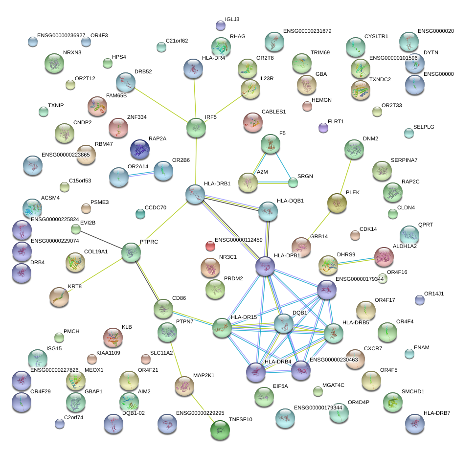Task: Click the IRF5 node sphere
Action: click(196, 128)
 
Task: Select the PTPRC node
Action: click(131, 253)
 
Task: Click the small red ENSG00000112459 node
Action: click(210, 246)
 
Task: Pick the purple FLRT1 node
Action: click(323, 128)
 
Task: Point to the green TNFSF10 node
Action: click(220, 430)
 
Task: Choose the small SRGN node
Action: click(293, 182)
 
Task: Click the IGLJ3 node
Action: click(221, 25)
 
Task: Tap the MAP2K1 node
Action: click(184, 386)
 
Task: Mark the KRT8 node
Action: click(59, 297)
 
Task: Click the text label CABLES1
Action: click(273, 112)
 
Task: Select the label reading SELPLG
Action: click(424, 127)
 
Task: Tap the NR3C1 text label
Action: click(228, 257)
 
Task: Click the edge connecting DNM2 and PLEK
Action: click(345, 176)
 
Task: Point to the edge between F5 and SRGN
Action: click(282, 163)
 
